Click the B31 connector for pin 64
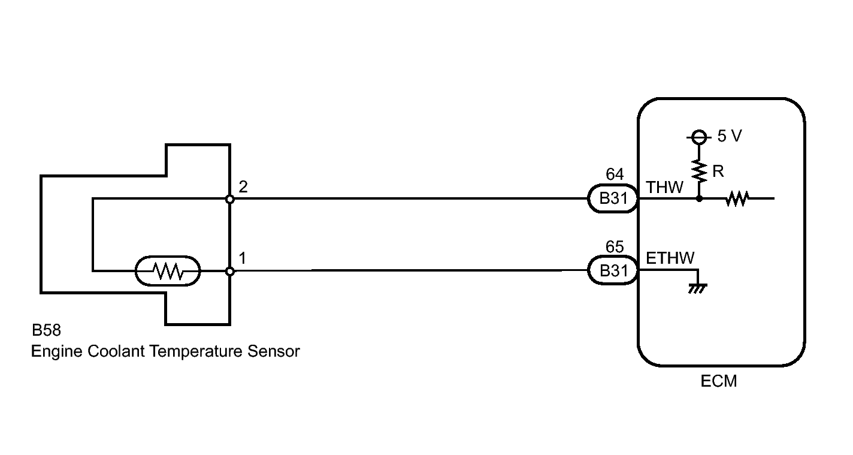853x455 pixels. pyautogui.click(x=613, y=198)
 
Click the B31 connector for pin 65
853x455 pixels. pyautogui.click(x=613, y=271)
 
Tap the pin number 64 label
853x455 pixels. pyautogui.click(x=615, y=174)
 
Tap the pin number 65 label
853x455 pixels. pyautogui.click(x=615, y=247)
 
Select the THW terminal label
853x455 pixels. pyautogui.click(x=664, y=187)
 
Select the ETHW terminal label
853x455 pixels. pyautogui.click(x=670, y=258)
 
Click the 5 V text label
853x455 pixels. pyautogui.click(x=729, y=137)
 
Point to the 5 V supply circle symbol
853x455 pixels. pyautogui.click(x=698, y=138)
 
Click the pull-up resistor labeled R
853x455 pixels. pyautogui.click(x=698, y=171)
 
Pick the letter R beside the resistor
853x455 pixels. pyautogui.click(x=719, y=171)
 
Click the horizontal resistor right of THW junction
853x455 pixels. pyautogui.click(x=737, y=198)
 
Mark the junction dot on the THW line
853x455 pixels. pyautogui.click(x=698, y=198)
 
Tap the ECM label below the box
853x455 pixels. pyautogui.click(x=719, y=381)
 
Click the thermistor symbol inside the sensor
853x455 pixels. pyautogui.click(x=168, y=272)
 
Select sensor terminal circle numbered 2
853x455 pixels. pyautogui.click(x=230, y=198)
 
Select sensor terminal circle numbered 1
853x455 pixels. pyautogui.click(x=230, y=272)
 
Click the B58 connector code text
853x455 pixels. pyautogui.click(x=46, y=330)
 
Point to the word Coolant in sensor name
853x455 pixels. pyautogui.click(x=117, y=351)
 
